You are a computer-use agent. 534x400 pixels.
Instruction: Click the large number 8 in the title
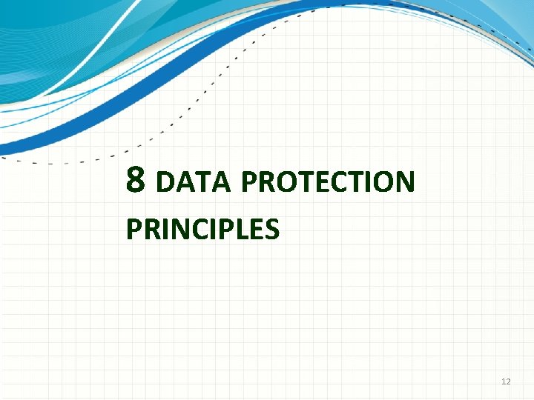[135, 179]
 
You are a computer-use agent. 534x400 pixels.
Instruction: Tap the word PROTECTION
[327, 182]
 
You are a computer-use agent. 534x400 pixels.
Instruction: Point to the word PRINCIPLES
[202, 230]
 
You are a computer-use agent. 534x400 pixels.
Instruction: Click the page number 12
[506, 381]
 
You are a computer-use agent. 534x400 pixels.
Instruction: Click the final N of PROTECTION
[404, 182]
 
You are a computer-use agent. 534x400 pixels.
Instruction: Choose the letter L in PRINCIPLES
[243, 230]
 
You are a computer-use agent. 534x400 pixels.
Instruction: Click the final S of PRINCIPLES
[271, 230]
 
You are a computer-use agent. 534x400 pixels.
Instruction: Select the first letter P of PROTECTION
[249, 182]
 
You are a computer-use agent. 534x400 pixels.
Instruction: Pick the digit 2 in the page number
[508, 381]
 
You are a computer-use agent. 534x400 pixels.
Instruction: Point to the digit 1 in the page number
[504, 381]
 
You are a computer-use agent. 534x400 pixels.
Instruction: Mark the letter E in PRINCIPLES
[256, 230]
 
